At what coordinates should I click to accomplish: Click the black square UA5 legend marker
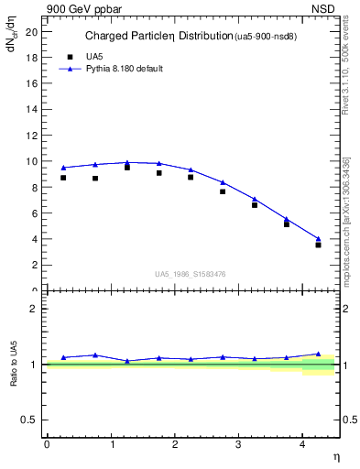[65, 56]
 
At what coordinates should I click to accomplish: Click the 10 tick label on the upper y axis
[33, 161]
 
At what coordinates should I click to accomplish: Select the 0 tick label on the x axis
[47, 444]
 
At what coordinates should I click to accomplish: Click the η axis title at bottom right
[335, 456]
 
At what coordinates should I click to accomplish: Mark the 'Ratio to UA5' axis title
[14, 365]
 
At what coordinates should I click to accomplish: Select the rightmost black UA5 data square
[318, 245]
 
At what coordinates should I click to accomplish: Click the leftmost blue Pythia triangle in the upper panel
[63, 168]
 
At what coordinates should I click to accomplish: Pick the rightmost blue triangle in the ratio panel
[318, 354]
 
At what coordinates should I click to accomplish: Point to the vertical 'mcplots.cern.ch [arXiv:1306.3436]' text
[346, 220]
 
